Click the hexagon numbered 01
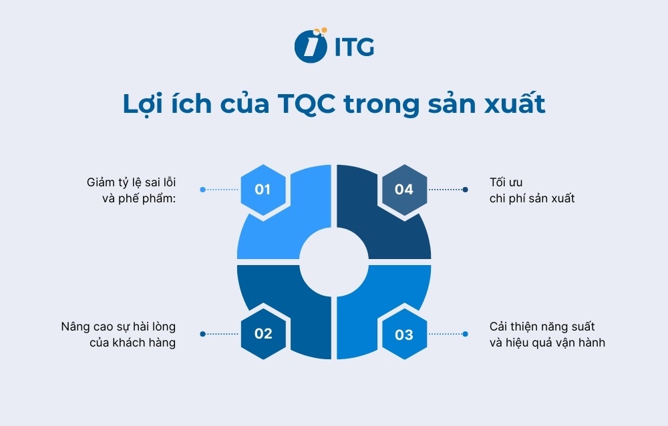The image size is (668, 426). click(x=263, y=190)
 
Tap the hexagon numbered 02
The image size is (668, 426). click(x=263, y=333)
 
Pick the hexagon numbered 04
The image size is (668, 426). click(x=404, y=190)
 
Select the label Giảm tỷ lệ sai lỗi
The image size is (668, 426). click(x=132, y=182)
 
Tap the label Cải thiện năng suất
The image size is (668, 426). click(x=542, y=327)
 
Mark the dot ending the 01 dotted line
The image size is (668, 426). click(x=203, y=190)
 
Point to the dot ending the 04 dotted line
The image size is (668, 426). click(x=465, y=190)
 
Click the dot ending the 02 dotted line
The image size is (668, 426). click(x=203, y=334)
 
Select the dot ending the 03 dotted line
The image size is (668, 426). click(x=465, y=334)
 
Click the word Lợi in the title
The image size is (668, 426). click(x=142, y=105)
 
